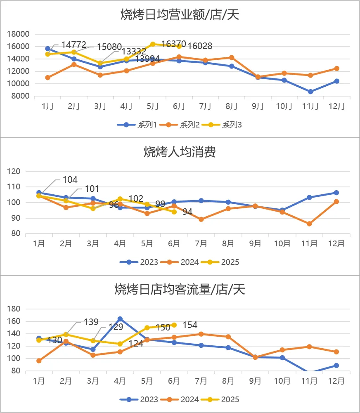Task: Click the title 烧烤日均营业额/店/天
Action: click(180, 15)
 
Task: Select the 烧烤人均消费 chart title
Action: click(180, 152)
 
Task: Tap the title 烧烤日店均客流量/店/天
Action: click(180, 289)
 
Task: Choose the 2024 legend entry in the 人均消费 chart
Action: click(185, 262)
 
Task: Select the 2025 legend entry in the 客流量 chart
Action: click(225, 399)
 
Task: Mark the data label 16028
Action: click(200, 46)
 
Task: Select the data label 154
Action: click(190, 325)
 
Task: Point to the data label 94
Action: click(187, 212)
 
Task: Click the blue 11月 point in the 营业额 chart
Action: click(310, 92)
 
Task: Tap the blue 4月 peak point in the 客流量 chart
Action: click(120, 319)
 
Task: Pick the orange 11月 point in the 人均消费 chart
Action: click(309, 224)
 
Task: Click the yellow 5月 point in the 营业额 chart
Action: click(153, 44)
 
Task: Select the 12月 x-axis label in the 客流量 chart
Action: click(336, 380)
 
